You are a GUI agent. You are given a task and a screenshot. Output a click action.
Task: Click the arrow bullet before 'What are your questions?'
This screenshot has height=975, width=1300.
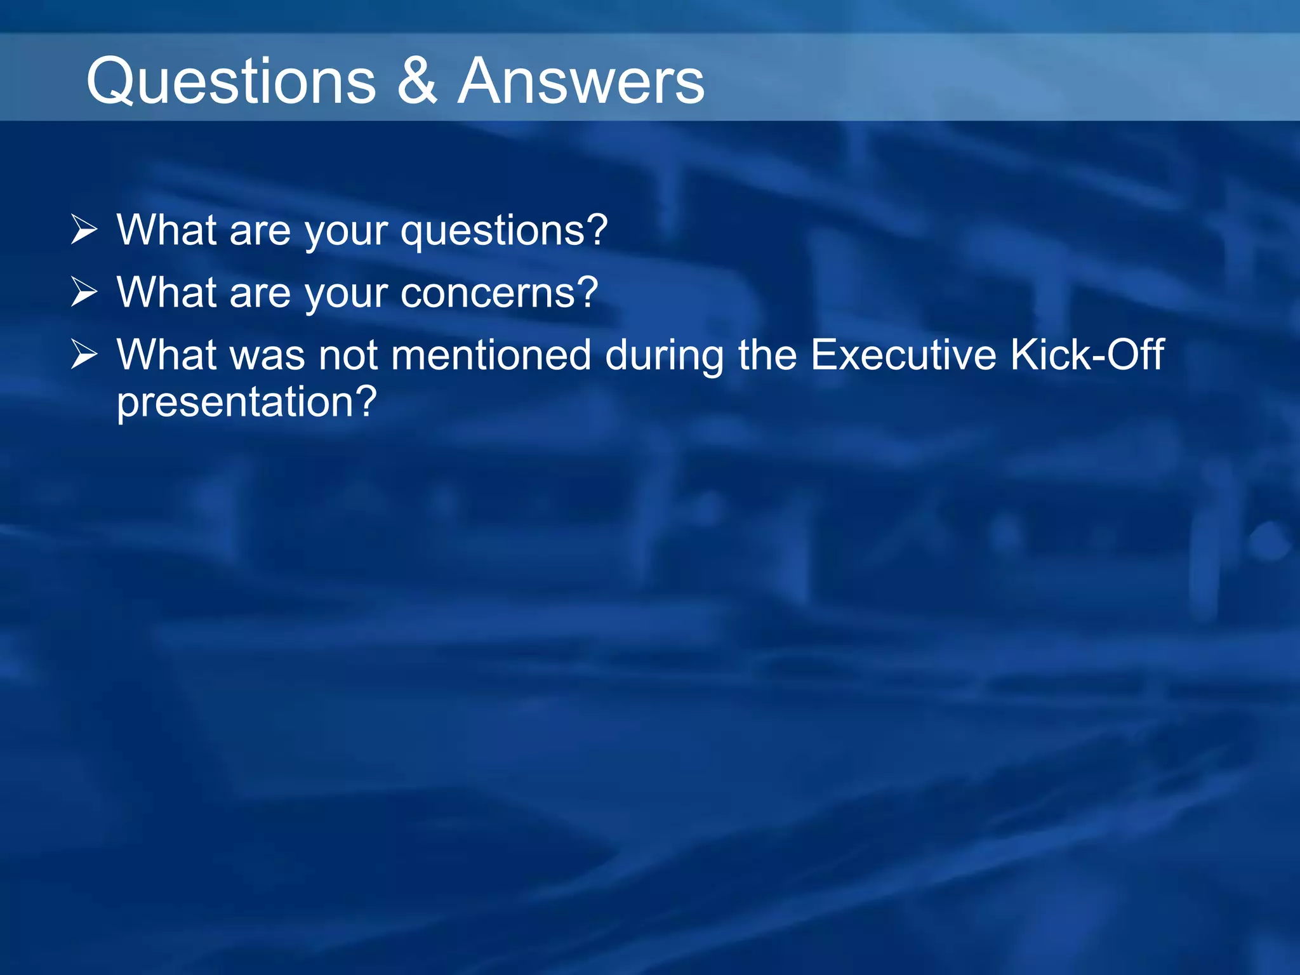(84, 229)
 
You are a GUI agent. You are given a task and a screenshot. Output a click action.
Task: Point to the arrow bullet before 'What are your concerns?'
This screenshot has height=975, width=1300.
(84, 291)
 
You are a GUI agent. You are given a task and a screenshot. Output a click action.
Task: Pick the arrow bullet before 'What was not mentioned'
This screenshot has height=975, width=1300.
(84, 354)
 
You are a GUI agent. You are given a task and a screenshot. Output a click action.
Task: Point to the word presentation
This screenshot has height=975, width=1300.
(235, 402)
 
